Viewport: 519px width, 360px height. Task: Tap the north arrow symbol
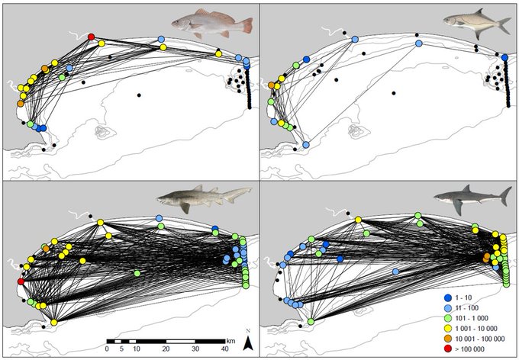248,341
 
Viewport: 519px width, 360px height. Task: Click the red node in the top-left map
92,37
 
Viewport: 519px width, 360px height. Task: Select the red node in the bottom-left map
21,282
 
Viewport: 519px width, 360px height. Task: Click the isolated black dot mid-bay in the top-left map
139,95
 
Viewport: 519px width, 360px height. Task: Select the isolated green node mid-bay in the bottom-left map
137,272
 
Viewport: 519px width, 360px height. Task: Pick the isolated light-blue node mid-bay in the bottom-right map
395,271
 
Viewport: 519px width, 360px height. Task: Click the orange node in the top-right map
272,85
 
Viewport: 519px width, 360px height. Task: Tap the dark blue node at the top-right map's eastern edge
505,57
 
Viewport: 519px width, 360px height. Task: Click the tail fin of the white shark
504,194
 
